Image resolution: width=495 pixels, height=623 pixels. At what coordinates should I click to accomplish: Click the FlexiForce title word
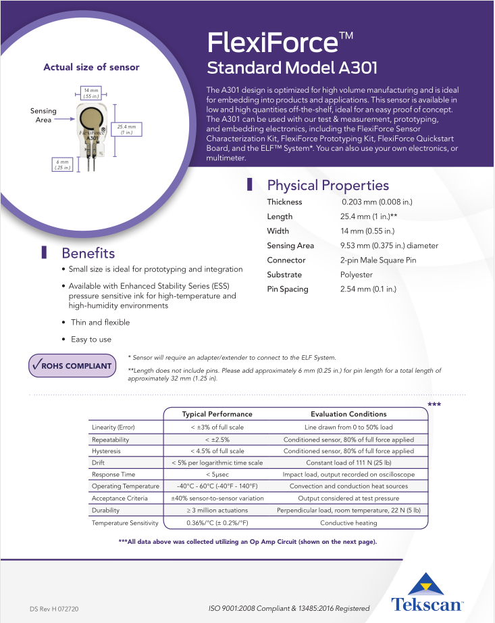pyautogui.click(x=272, y=43)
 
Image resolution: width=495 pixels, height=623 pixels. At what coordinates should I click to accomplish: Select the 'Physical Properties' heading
pyautogui.click(x=328, y=185)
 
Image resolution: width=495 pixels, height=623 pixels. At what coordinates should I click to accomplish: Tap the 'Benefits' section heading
pyautogui.click(x=88, y=253)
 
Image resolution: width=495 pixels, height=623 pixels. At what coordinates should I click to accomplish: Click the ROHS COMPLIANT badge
pyautogui.click(x=72, y=366)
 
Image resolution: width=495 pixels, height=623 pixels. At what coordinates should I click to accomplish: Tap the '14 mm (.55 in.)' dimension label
pyautogui.click(x=90, y=93)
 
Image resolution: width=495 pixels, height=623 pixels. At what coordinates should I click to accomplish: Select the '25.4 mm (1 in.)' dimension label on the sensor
pyautogui.click(x=126, y=129)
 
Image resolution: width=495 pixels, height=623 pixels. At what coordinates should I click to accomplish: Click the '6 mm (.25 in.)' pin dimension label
pyautogui.click(x=63, y=164)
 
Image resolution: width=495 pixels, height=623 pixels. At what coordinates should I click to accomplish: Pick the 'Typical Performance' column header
pyautogui.click(x=217, y=413)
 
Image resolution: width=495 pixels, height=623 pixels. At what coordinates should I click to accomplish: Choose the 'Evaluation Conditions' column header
pyautogui.click(x=348, y=413)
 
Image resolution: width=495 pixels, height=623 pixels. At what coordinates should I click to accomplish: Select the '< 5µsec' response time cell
pyautogui.click(x=217, y=474)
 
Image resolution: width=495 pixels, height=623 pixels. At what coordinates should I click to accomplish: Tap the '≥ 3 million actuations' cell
pyautogui.click(x=217, y=510)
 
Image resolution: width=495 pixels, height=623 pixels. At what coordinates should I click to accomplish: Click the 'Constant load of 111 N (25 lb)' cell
pyautogui.click(x=348, y=463)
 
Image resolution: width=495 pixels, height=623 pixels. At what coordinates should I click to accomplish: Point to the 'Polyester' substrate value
pyautogui.click(x=356, y=275)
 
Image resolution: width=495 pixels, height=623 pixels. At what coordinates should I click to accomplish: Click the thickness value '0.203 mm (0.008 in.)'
pyautogui.click(x=377, y=202)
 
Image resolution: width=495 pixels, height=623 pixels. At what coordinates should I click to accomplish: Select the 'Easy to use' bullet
pyautogui.click(x=91, y=339)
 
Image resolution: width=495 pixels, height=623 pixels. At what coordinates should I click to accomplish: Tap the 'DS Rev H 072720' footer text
pyautogui.click(x=54, y=609)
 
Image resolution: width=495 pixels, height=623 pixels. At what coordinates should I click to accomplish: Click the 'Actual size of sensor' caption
pyautogui.click(x=91, y=67)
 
